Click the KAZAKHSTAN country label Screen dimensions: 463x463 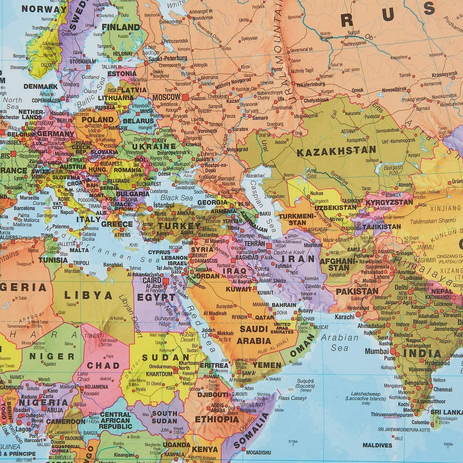[x=336, y=151]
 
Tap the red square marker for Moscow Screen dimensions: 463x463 [x=185, y=97]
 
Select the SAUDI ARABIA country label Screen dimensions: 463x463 [x=254, y=335]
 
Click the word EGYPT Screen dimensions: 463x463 [x=156, y=297]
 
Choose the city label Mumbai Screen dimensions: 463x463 [x=377, y=351]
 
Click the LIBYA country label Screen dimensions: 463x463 [x=88, y=296]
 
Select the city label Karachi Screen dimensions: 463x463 [x=345, y=317]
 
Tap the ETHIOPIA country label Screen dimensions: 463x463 [x=217, y=419]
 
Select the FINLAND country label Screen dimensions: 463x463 [x=121, y=27]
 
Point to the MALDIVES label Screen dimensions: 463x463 [x=377, y=445]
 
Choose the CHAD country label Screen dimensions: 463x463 [x=103, y=365]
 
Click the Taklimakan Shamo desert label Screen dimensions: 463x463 [x=432, y=221]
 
